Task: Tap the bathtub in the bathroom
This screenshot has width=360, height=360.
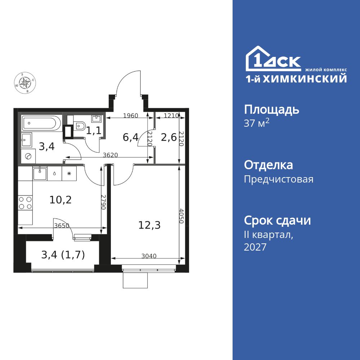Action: click(x=41, y=123)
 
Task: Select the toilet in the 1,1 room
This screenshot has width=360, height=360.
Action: click(x=79, y=126)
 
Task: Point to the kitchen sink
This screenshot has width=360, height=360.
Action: click(x=40, y=174)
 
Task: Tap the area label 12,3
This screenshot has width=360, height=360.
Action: click(x=149, y=225)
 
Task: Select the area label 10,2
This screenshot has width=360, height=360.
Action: click(x=60, y=200)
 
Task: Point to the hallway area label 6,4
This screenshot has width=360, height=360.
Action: click(x=131, y=138)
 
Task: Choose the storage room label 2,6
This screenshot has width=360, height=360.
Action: click(x=169, y=138)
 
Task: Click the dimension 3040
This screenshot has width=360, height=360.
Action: click(x=149, y=256)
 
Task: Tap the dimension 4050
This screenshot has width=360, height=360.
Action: click(x=181, y=216)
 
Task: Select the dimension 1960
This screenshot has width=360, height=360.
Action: click(x=131, y=116)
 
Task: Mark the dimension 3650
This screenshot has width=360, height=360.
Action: click(x=62, y=226)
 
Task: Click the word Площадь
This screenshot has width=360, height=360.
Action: click(x=271, y=110)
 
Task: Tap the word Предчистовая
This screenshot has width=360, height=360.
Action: click(x=279, y=179)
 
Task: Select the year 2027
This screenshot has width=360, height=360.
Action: click(x=255, y=247)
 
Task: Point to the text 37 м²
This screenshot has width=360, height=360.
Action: click(x=256, y=123)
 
